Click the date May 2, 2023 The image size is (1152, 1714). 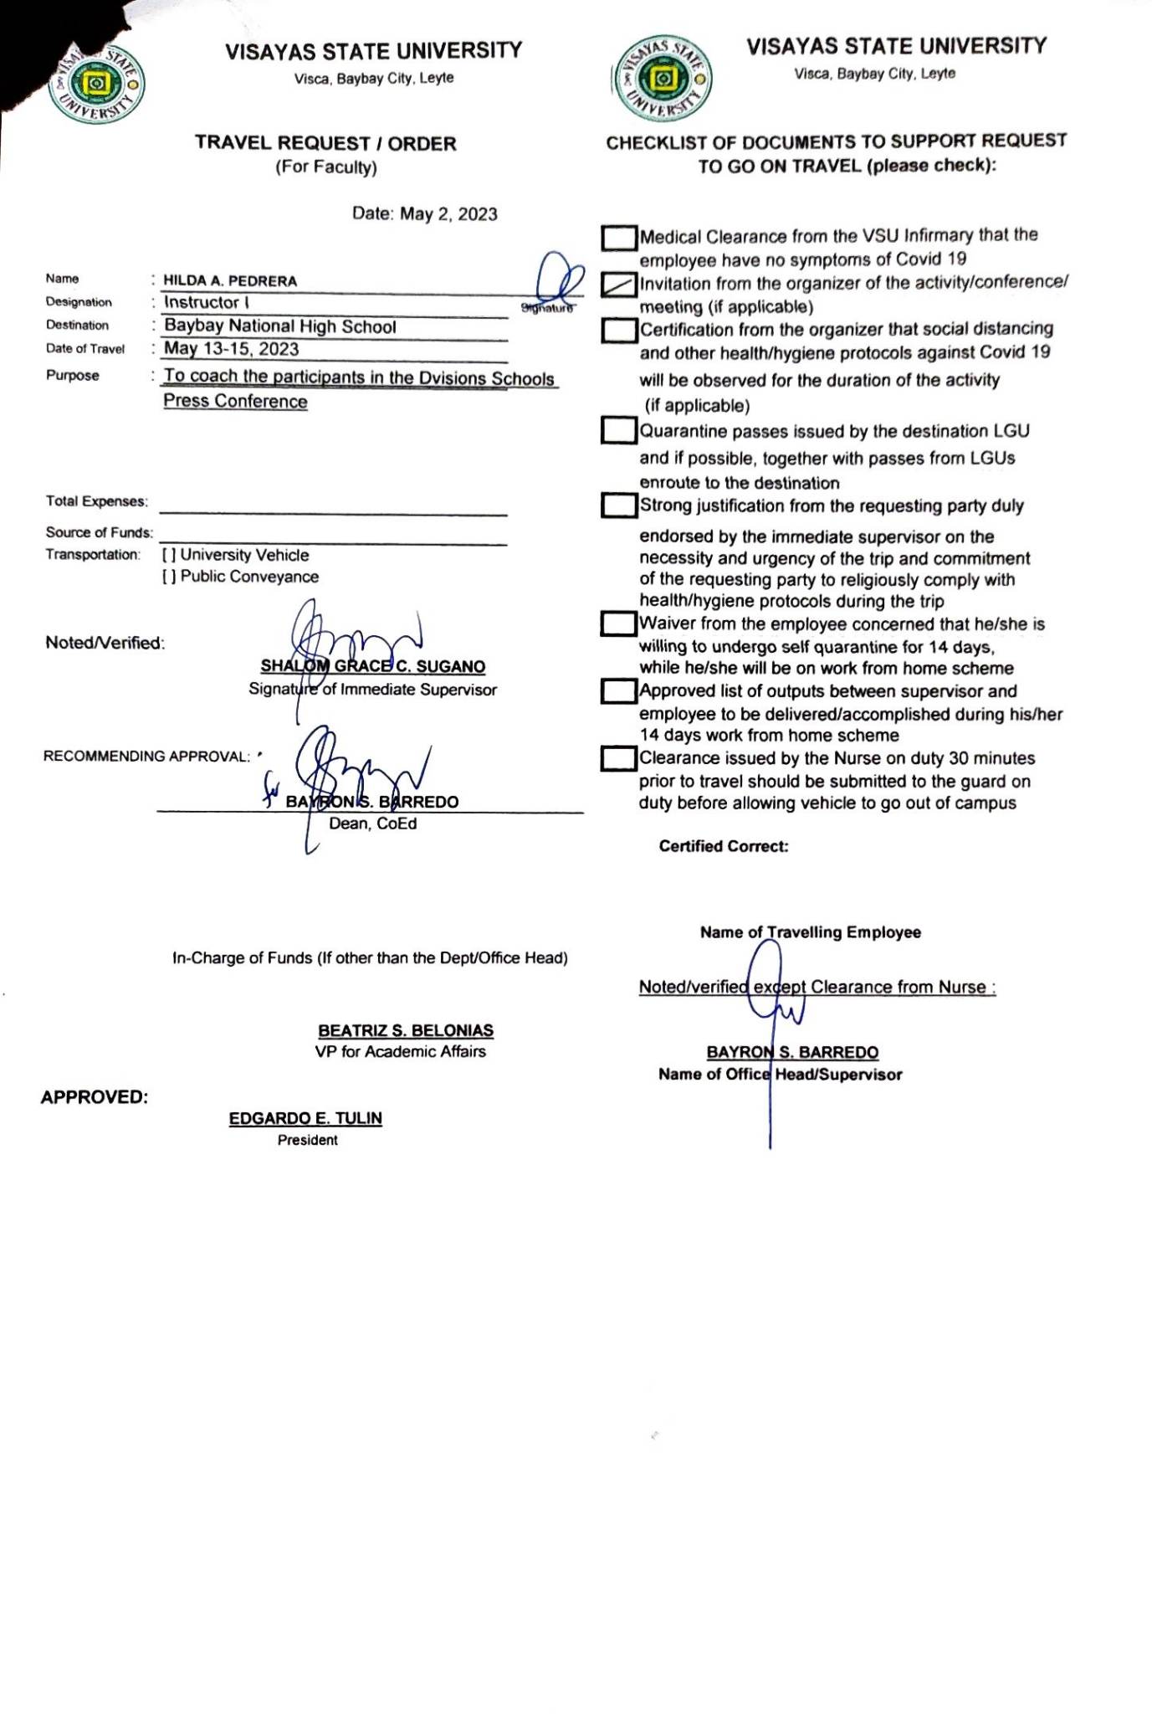(x=448, y=214)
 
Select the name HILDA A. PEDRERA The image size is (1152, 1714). (x=230, y=281)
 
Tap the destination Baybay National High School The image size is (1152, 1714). (x=280, y=326)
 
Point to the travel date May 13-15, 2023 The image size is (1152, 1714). (x=232, y=349)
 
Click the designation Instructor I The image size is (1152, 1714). (x=207, y=303)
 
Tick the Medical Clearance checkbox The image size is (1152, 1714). (x=619, y=238)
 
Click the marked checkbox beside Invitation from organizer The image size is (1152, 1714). (x=619, y=285)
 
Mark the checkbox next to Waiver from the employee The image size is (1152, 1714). (x=619, y=624)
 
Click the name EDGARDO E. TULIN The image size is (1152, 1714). (x=305, y=1119)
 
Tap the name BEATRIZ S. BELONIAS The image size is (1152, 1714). (x=406, y=1031)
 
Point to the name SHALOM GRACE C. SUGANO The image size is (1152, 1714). (x=373, y=667)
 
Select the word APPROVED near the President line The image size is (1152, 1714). (x=95, y=1098)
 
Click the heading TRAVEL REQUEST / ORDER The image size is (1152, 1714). (x=326, y=144)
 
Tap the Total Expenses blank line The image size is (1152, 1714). (x=333, y=506)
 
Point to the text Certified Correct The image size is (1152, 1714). (x=724, y=847)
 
